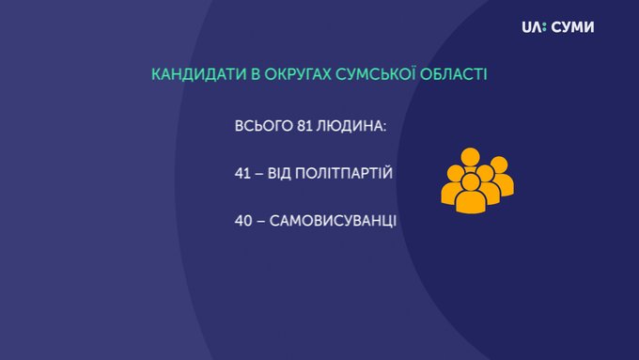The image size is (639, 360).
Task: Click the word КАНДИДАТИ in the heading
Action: pos(199,74)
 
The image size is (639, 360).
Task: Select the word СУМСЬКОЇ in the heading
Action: pos(375,73)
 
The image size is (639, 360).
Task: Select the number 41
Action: pos(242,173)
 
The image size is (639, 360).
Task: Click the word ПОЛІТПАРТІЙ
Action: pos(344,172)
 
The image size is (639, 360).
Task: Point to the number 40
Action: pos(243,221)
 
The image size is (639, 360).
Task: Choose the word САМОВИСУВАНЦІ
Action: pos(333,222)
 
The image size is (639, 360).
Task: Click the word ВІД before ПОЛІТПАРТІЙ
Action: pos(279,173)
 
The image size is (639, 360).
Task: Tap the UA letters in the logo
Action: pos(532,27)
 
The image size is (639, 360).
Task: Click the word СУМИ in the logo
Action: pos(572,27)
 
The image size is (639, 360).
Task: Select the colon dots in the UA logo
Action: pos(544,27)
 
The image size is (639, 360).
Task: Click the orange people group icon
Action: pos(477,180)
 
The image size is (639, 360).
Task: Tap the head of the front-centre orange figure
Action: pos(471,181)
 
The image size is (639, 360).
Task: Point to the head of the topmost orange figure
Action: pos(471,157)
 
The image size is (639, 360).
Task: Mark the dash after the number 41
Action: pos(258,174)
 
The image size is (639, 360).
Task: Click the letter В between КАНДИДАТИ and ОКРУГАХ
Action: pos(256,74)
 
